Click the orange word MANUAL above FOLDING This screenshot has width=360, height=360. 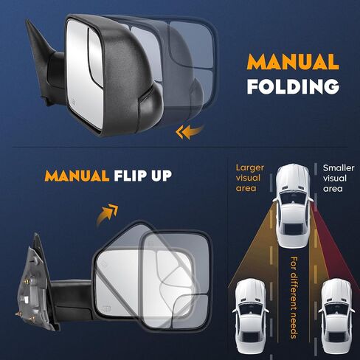293,61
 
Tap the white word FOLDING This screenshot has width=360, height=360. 293,86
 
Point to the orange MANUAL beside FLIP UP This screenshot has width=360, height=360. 77,176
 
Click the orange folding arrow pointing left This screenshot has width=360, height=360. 190,132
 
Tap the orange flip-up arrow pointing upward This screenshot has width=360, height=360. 107,214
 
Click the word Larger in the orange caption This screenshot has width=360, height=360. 250,167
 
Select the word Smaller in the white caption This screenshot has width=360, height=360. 339,167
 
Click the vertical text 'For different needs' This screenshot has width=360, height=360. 294,297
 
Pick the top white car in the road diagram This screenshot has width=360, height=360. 292,206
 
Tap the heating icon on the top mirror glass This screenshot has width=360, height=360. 73,101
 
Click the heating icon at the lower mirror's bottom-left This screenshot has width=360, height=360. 106,308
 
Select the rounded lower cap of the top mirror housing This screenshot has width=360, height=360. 150,108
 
